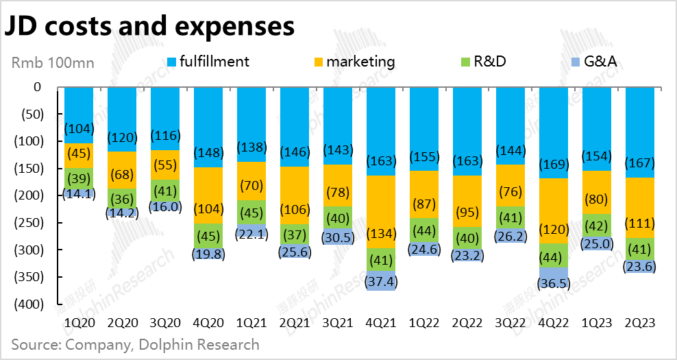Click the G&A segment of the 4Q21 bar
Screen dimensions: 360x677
pyautogui.click(x=382, y=280)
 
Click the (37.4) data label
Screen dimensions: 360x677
pyautogui.click(x=382, y=282)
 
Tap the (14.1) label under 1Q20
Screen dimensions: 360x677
pyautogui.click(x=80, y=193)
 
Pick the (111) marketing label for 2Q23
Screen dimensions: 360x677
pyautogui.click(x=641, y=224)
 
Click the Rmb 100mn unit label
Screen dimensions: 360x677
pyautogui.click(x=53, y=62)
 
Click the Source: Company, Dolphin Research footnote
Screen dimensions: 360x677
pyautogui.click(x=135, y=344)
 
